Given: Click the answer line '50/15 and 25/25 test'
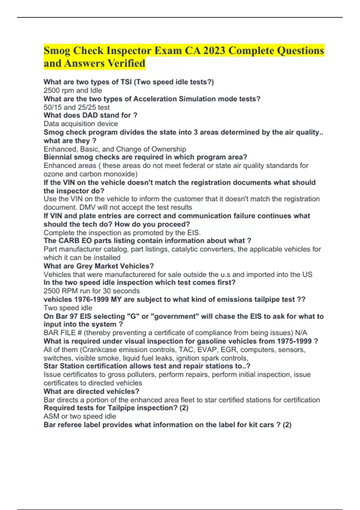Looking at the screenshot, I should click(x=76, y=107).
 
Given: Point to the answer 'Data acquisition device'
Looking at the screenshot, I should click(x=81, y=124).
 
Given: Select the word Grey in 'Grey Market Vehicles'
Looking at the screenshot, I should click(x=85, y=266).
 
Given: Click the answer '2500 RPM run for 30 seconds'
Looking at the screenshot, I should click(x=91, y=291).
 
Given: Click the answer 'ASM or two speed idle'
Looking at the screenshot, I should click(x=79, y=416).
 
